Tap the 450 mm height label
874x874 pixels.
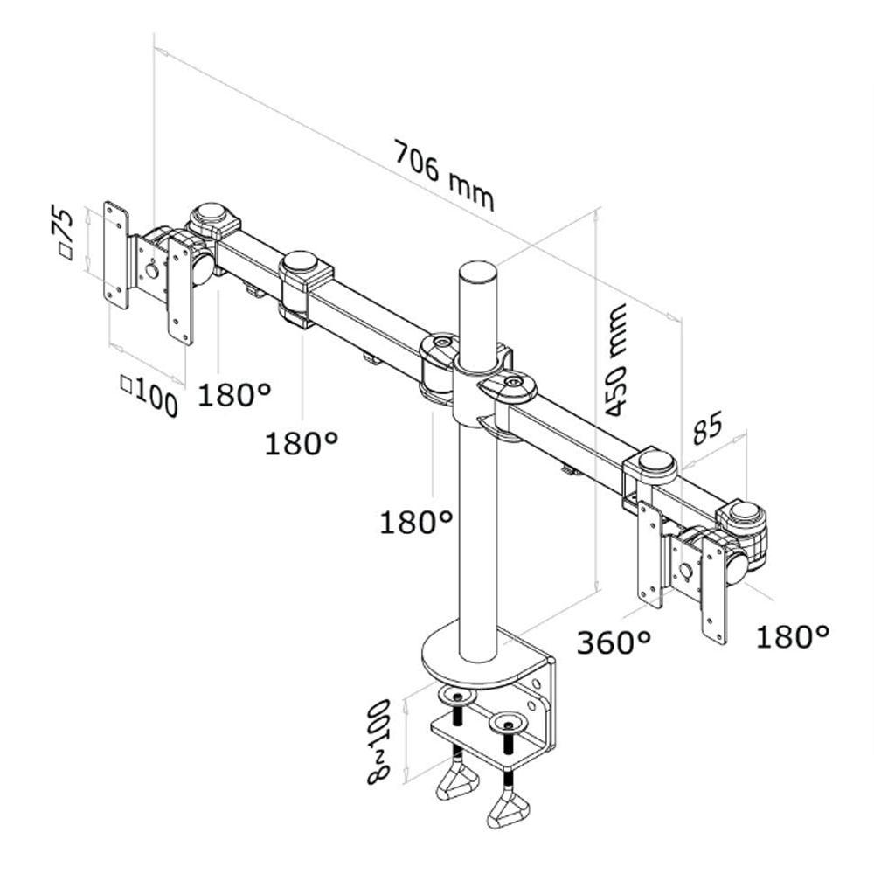[616, 360]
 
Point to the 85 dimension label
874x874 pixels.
[707, 427]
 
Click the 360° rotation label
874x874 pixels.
[614, 642]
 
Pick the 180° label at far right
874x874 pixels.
[792, 636]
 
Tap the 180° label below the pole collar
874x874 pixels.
[415, 523]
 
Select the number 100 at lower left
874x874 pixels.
[156, 396]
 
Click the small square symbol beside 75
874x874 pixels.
[66, 253]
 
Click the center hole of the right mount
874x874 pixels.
[687, 572]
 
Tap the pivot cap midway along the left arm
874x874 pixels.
[301, 262]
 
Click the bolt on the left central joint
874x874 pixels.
[443, 341]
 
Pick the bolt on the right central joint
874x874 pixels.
[510, 381]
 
